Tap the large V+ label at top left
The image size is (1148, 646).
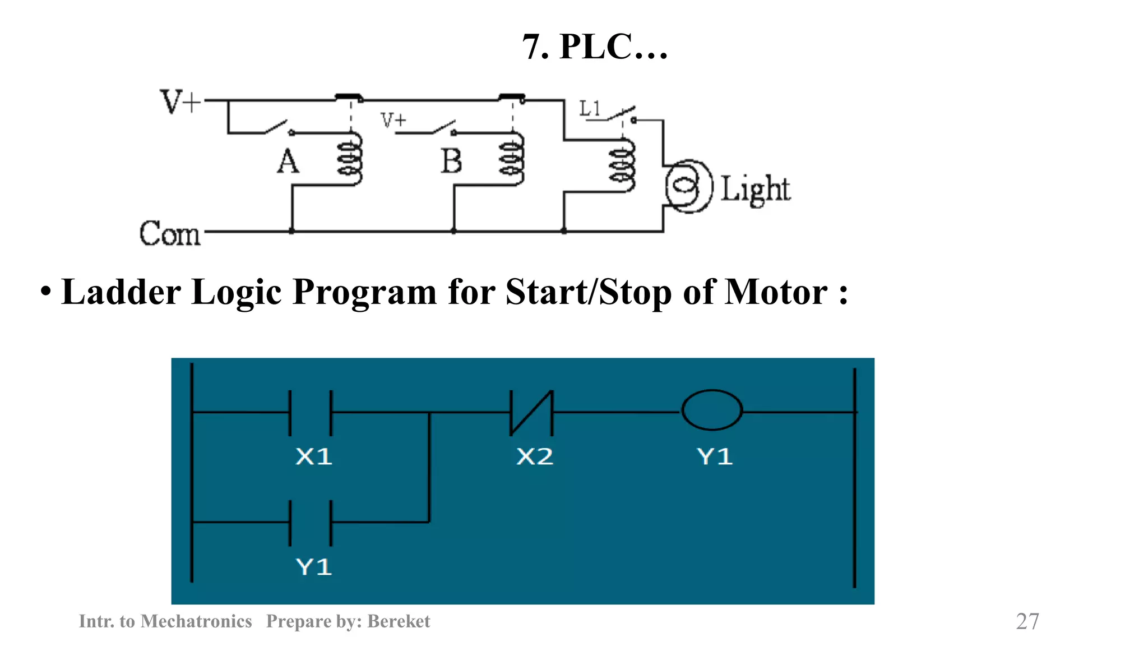coord(180,102)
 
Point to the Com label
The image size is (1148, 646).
coord(169,233)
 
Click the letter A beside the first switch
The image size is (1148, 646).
coord(288,161)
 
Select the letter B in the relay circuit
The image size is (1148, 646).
coord(451,161)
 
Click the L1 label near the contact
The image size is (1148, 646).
coord(590,108)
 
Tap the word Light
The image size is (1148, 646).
coord(755,189)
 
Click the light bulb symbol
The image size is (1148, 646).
coord(688,186)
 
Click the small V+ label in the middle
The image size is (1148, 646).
coord(393,120)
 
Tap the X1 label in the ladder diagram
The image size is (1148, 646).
coord(314,456)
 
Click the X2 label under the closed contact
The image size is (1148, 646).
coord(535,456)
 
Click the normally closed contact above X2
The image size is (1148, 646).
coord(531,413)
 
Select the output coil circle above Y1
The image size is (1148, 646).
coord(712,410)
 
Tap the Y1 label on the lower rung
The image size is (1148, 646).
coord(314,567)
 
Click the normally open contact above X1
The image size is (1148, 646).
coord(311,413)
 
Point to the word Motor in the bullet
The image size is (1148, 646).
coord(776,292)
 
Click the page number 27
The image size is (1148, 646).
coord(1027,621)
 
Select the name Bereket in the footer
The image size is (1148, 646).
coord(399,621)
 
